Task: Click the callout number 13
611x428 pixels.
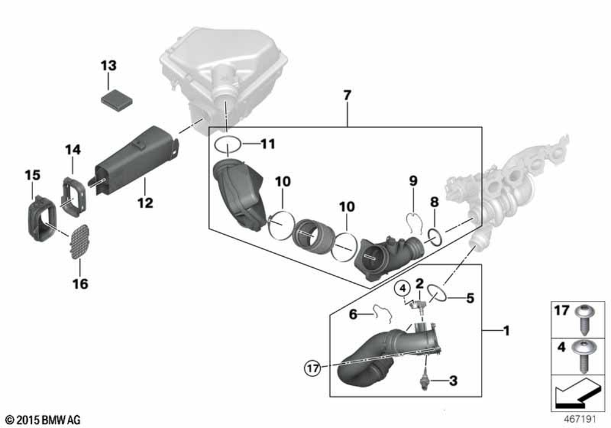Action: (108, 65)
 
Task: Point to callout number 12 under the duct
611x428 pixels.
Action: (145, 202)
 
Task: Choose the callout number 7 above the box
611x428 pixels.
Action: (347, 95)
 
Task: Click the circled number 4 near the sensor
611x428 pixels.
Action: (403, 288)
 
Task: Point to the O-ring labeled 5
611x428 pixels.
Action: (437, 294)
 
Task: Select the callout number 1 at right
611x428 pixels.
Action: (506, 331)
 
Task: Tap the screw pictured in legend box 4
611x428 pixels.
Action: (580, 355)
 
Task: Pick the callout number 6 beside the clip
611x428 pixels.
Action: (353, 314)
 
